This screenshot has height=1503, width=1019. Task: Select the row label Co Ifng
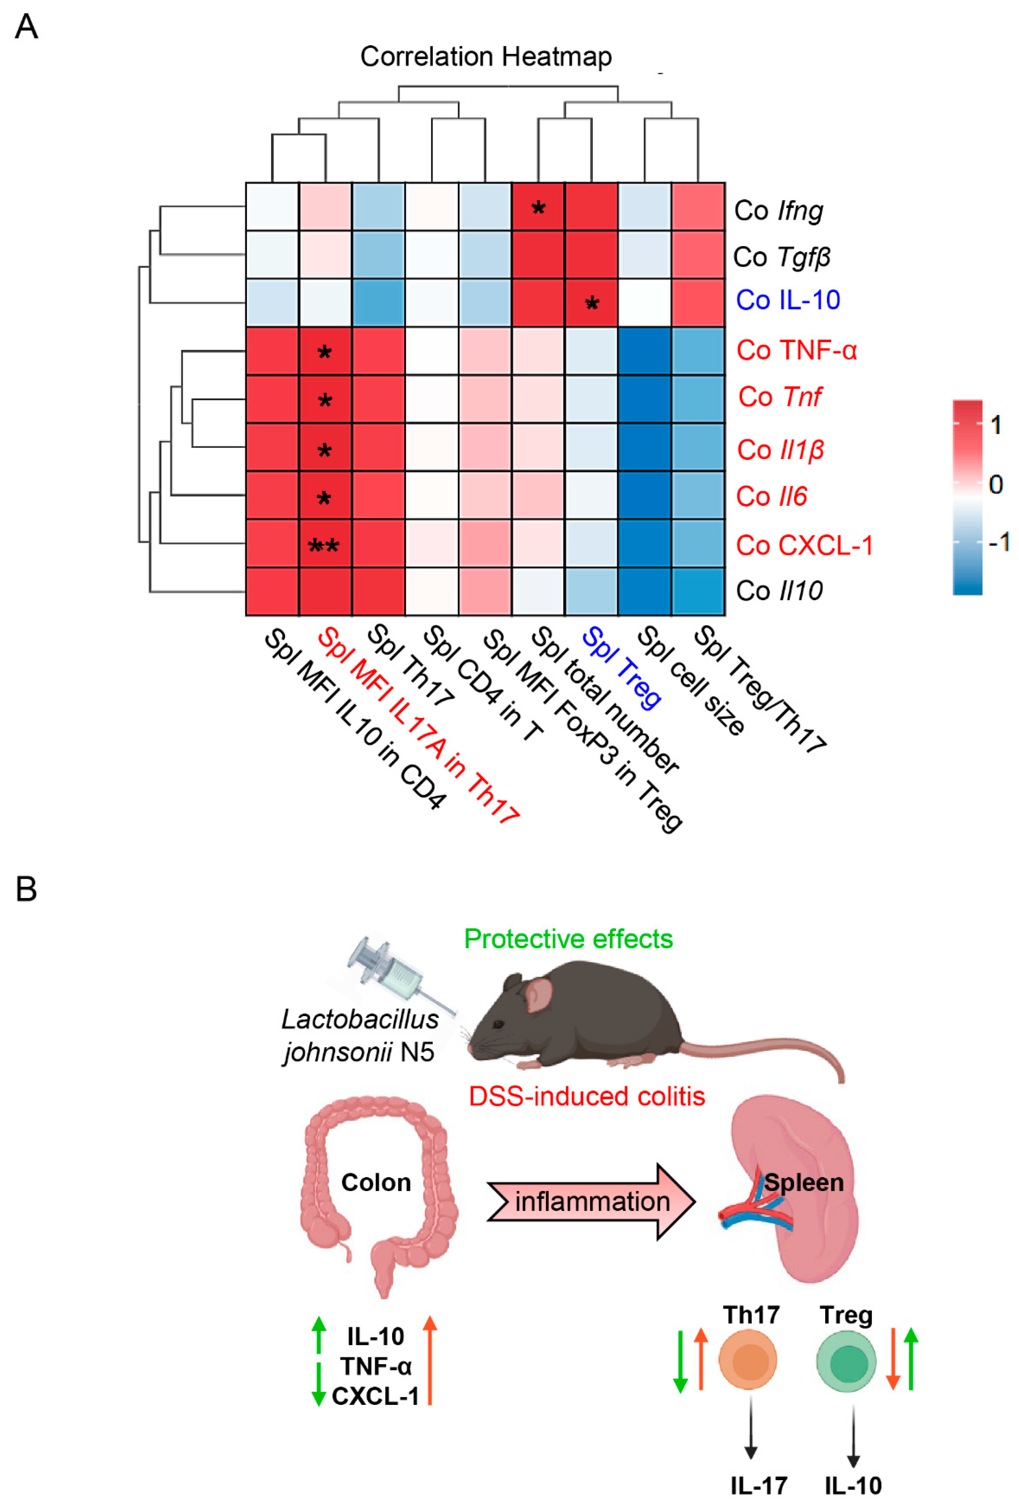pos(779,211)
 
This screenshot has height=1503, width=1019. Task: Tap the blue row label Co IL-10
pos(787,300)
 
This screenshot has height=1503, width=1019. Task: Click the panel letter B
pos(26,889)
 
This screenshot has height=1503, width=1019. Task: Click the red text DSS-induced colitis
pos(587,1096)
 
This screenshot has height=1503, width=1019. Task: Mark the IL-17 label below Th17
pos(758,1485)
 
